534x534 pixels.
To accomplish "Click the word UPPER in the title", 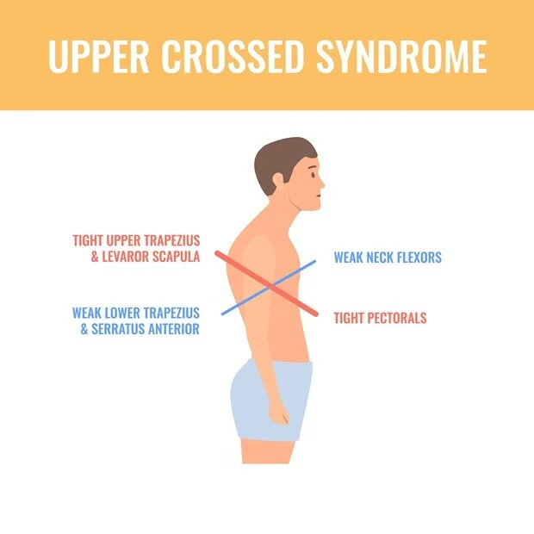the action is click(x=99, y=56).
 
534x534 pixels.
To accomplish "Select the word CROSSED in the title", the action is click(x=233, y=56).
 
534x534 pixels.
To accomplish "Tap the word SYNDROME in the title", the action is click(x=402, y=56).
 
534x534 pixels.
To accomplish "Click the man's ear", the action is click(x=279, y=181).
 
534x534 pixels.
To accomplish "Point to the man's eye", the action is click(x=314, y=175).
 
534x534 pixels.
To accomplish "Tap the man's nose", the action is click(x=321, y=183).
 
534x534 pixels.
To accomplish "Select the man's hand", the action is click(x=279, y=413).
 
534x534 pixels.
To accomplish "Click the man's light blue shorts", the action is click(x=271, y=400).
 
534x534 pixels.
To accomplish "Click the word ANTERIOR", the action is click(x=170, y=329).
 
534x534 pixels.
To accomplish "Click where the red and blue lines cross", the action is click(x=271, y=288).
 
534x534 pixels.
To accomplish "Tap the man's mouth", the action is click(x=318, y=196).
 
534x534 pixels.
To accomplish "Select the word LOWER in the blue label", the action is click(x=122, y=313).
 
